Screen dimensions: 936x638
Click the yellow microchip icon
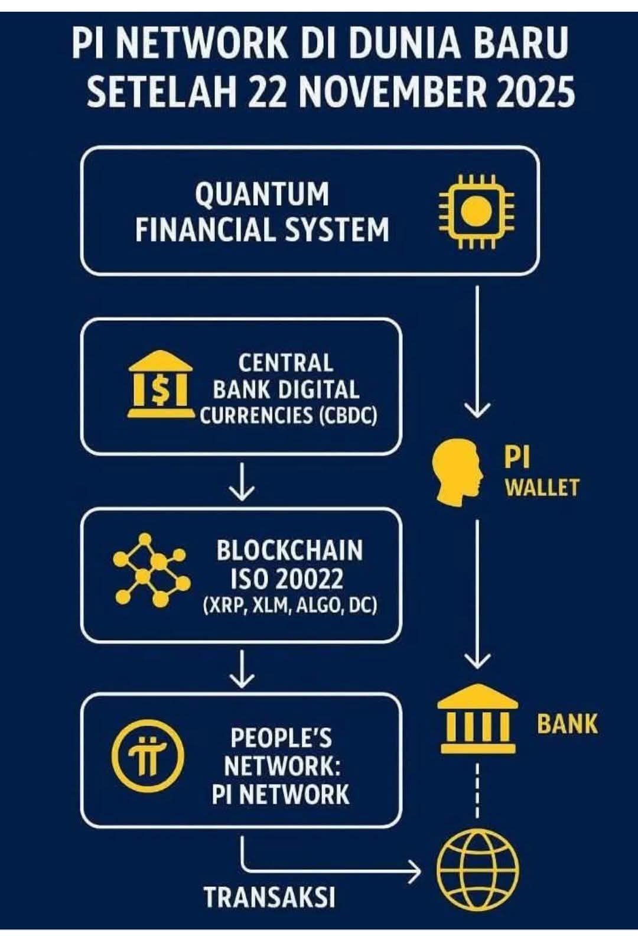coord(476,211)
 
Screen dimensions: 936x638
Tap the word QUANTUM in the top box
coord(262,194)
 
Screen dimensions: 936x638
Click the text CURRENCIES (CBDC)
coord(288,415)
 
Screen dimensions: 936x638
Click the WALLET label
coord(541,487)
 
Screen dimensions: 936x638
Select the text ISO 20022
coord(287,579)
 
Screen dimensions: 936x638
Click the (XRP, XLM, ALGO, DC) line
coord(289,606)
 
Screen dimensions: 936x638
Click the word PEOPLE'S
coord(281,738)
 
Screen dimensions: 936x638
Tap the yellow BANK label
coord(567,724)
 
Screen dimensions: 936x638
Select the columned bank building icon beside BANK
coord(477,719)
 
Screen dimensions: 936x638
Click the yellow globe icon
coord(477,870)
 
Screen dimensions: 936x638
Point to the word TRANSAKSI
coord(269,897)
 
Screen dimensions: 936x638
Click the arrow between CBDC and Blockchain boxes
coord(242,482)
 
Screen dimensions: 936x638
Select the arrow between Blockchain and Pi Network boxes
coord(242,668)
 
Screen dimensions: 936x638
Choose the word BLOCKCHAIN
coord(289,551)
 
